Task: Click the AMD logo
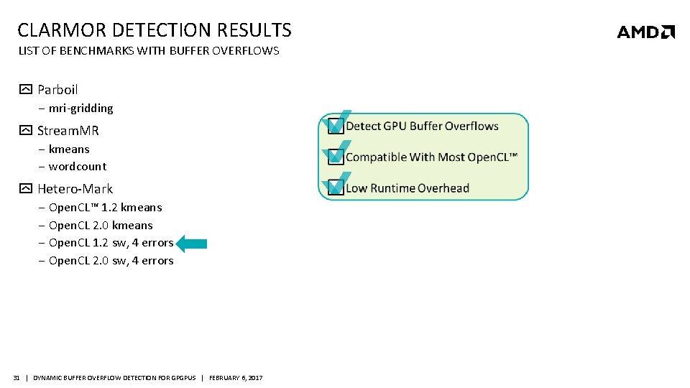coord(645,32)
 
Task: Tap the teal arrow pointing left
coord(191,244)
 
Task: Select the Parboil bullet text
coord(57,90)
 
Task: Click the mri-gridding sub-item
coord(80,108)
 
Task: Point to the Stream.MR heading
coord(68,131)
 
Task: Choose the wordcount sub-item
coord(78,167)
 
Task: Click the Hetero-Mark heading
coord(75,189)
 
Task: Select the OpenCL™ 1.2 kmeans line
coord(105,208)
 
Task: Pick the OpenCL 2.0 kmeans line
coord(101,226)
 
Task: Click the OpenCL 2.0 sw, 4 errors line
coord(111,261)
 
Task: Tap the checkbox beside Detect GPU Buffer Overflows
coord(335,126)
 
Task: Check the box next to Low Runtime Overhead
coord(335,188)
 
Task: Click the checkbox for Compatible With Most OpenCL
coord(335,157)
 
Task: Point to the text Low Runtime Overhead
coord(407,188)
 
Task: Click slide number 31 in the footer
coord(17,378)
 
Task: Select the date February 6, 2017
coord(236,378)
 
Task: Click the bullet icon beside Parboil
coord(25,90)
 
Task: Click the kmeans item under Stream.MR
coord(69,149)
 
